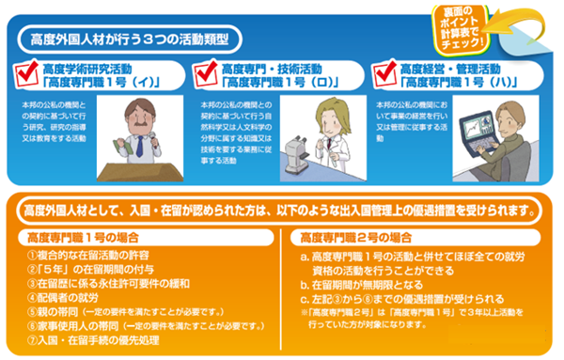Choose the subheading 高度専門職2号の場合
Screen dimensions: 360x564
pyautogui.click(x=346, y=235)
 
